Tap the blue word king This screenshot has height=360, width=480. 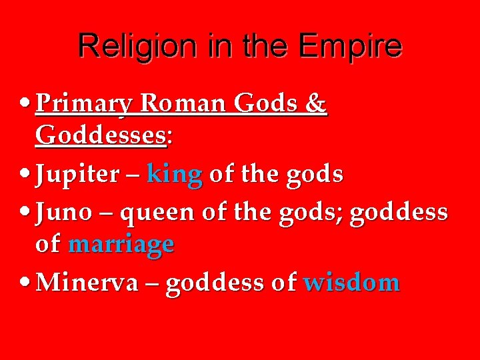coord(174,175)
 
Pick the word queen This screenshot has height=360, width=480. coord(160,214)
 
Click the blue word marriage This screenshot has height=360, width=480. coord(121,245)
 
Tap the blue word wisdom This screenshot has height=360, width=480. coord(351,283)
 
